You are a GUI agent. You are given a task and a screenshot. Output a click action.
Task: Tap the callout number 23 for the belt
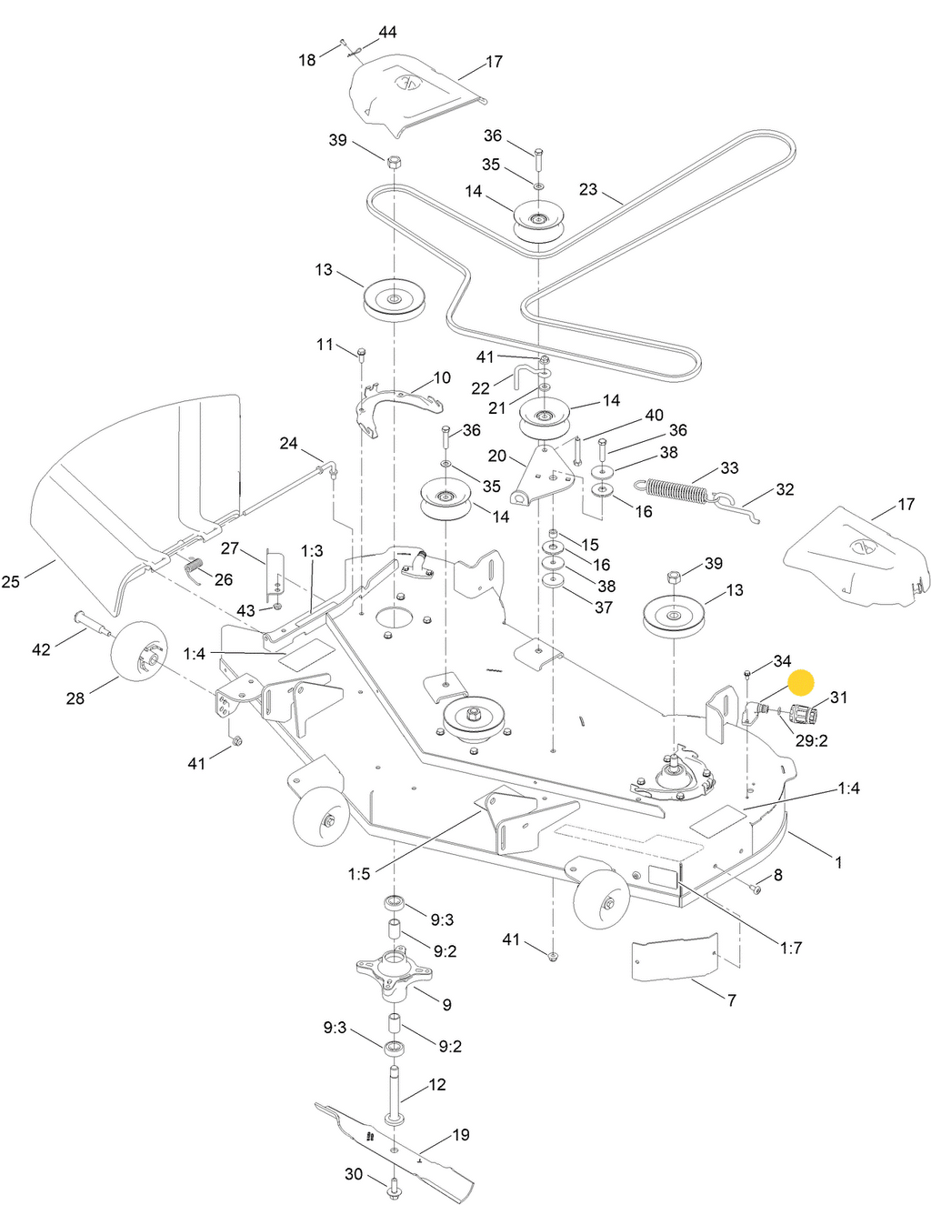[588, 189]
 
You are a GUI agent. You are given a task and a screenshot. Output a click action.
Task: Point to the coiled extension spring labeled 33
[674, 490]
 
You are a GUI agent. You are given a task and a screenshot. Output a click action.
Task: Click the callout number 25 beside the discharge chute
[11, 580]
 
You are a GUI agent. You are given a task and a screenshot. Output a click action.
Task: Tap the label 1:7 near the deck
[791, 948]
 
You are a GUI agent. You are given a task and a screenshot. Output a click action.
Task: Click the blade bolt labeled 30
[395, 1187]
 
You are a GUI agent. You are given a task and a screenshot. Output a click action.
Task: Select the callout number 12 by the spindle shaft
[437, 1084]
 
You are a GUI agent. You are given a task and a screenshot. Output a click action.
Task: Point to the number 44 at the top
[387, 32]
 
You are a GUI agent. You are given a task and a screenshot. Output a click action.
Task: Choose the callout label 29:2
[811, 740]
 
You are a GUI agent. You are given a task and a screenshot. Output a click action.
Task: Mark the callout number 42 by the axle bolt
[41, 648]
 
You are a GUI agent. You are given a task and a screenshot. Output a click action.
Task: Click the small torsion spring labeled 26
[194, 570]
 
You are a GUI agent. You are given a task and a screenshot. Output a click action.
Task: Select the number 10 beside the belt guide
[442, 377]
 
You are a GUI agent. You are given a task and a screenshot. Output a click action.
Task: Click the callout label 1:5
[359, 874]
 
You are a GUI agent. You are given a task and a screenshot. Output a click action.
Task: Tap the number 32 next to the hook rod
[785, 489]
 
